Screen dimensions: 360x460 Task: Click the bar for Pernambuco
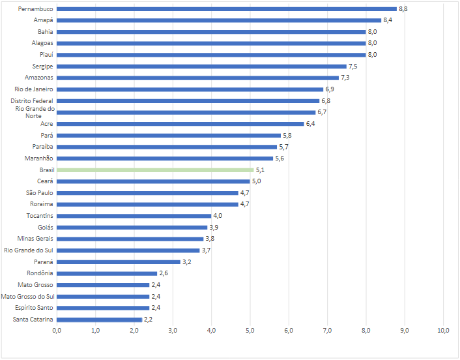tap(226, 9)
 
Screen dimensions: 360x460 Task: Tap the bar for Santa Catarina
tap(99, 319)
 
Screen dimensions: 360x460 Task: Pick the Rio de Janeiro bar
tap(190, 89)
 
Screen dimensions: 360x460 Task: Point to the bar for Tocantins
tap(134, 216)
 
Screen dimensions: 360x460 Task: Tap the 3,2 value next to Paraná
tap(187, 262)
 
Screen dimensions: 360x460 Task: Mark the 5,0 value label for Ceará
tap(257, 181)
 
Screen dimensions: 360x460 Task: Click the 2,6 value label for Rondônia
tap(164, 273)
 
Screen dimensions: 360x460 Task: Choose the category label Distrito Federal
tap(32, 101)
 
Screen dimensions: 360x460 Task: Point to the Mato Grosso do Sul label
tap(27, 296)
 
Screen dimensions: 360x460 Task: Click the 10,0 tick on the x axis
tap(443, 331)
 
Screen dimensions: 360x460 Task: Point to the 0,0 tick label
tap(57, 331)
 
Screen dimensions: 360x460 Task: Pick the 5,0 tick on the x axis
tap(250, 331)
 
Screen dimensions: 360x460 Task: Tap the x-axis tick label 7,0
tap(327, 331)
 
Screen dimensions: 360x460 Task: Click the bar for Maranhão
tap(165, 158)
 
